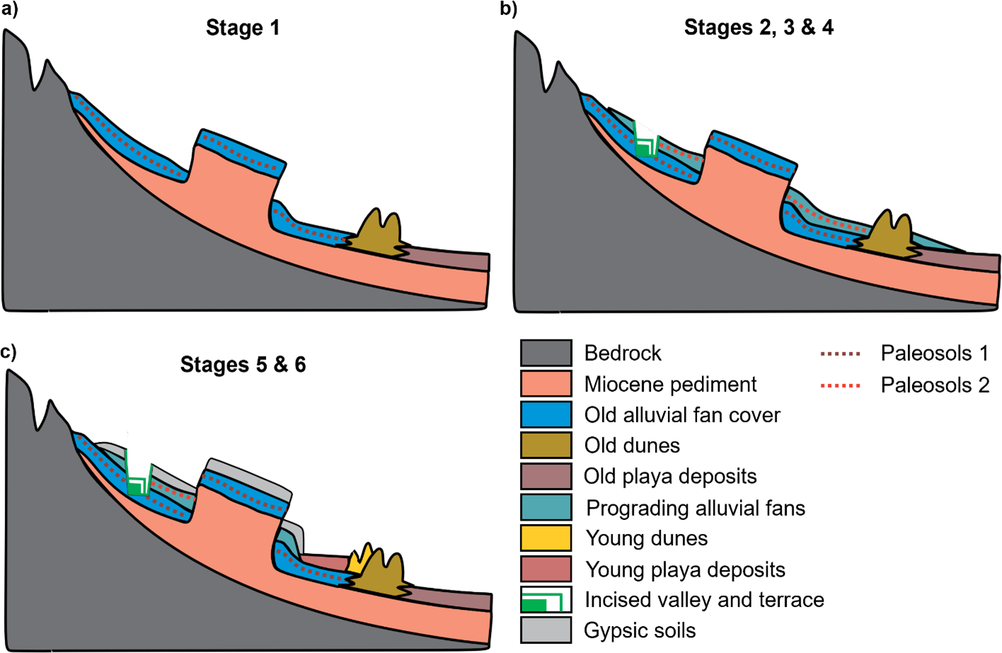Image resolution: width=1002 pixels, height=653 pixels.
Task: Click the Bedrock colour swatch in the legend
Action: [546, 352]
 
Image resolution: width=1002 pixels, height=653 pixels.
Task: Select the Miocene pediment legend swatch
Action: [546, 383]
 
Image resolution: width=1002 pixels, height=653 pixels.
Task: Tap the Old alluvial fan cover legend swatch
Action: [546, 415]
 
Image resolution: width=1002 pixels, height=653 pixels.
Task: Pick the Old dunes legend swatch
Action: [546, 446]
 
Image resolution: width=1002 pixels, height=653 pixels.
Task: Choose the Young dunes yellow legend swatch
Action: [546, 538]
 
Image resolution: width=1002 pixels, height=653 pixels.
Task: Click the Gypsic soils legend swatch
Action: [546, 630]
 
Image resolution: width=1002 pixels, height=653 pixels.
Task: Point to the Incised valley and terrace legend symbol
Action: [546, 600]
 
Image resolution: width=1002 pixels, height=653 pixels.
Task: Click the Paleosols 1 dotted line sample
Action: [840, 353]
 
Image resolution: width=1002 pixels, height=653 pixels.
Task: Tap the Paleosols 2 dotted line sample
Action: [840, 386]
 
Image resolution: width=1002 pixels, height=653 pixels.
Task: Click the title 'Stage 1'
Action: [243, 28]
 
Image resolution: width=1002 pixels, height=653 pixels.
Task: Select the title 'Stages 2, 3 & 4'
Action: [759, 28]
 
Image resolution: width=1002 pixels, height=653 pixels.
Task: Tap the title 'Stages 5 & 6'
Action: [243, 364]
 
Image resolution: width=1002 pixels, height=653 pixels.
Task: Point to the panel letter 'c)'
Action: [9, 351]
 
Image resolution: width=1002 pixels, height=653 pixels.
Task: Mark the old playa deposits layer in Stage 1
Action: [453, 260]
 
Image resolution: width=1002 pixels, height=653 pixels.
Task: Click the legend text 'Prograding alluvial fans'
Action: [696, 508]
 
